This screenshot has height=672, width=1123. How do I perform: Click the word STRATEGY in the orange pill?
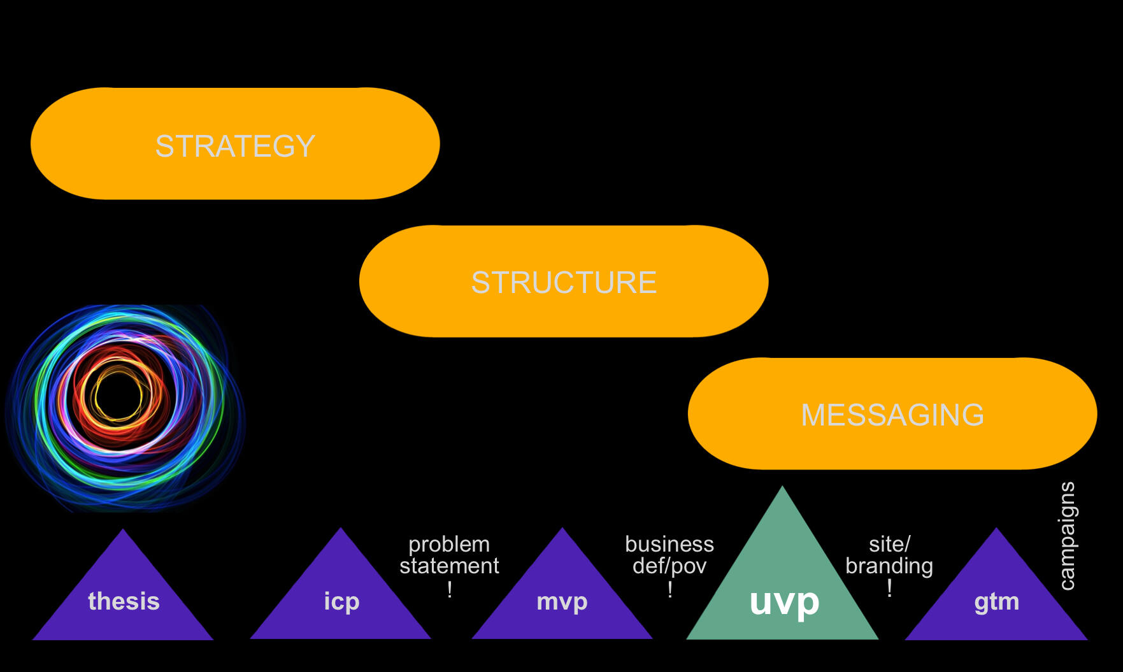(235, 146)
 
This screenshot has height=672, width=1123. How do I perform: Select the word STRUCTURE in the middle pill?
(564, 282)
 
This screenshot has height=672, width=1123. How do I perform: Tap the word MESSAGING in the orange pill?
(892, 415)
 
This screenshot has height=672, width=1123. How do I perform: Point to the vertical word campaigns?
(1067, 536)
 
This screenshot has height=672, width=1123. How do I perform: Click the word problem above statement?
(449, 545)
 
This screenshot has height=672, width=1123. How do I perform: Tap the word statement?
(449, 566)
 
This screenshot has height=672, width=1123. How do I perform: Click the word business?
(669, 545)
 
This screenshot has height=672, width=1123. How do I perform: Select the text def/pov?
(669, 566)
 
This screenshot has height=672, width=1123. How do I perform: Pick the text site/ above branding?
(889, 545)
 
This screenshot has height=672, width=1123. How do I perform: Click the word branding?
(889, 566)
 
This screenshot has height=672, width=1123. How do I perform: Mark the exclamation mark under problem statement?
(450, 589)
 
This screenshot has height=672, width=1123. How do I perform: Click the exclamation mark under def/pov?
(670, 589)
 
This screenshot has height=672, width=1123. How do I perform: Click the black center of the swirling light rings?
(119, 396)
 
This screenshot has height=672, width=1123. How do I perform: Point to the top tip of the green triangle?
(782, 489)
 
